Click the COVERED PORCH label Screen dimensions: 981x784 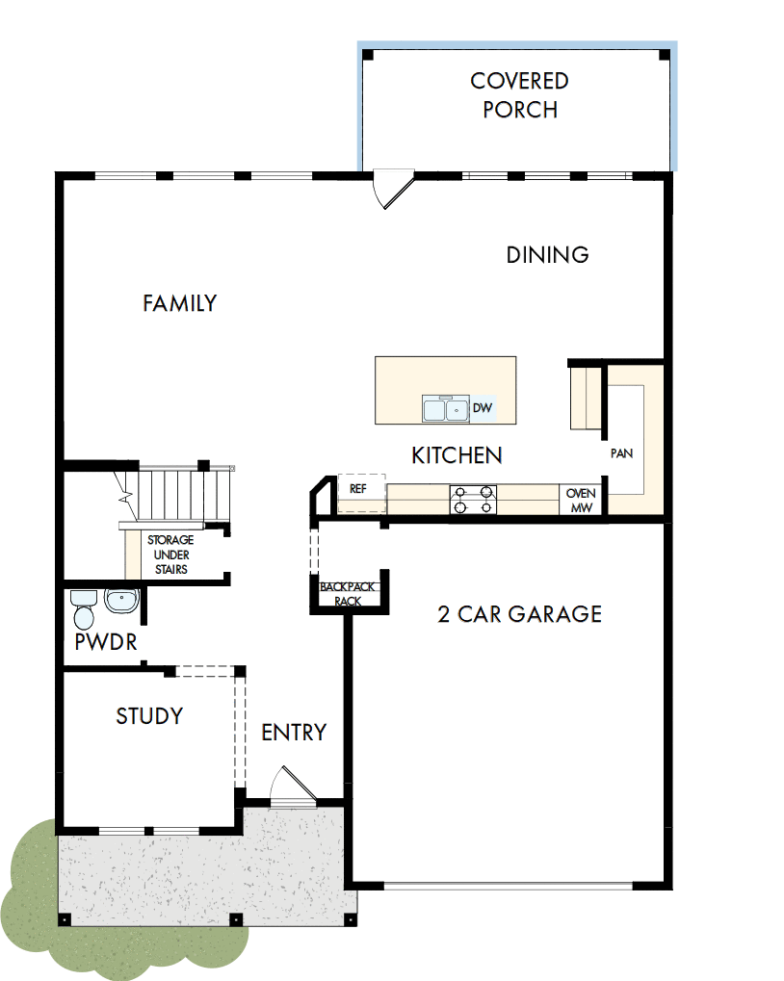[520, 95]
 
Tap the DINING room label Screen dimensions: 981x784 [547, 255]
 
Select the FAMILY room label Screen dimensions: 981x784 [180, 303]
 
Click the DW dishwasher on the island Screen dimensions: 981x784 [483, 409]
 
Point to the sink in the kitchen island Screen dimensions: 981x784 [445, 409]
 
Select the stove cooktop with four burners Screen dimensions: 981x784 [474, 500]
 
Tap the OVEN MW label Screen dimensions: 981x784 [581, 501]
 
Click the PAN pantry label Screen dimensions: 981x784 [621, 452]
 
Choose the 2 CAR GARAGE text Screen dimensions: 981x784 [520, 614]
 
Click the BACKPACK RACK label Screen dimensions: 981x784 [348, 594]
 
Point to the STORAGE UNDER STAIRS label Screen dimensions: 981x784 [170, 555]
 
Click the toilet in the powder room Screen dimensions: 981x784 [83, 609]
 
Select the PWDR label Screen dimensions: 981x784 [105, 642]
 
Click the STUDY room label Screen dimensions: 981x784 [149, 716]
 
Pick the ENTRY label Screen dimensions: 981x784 [294, 733]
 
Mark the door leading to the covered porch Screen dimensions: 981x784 [392, 189]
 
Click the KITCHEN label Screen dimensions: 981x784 [457, 455]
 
